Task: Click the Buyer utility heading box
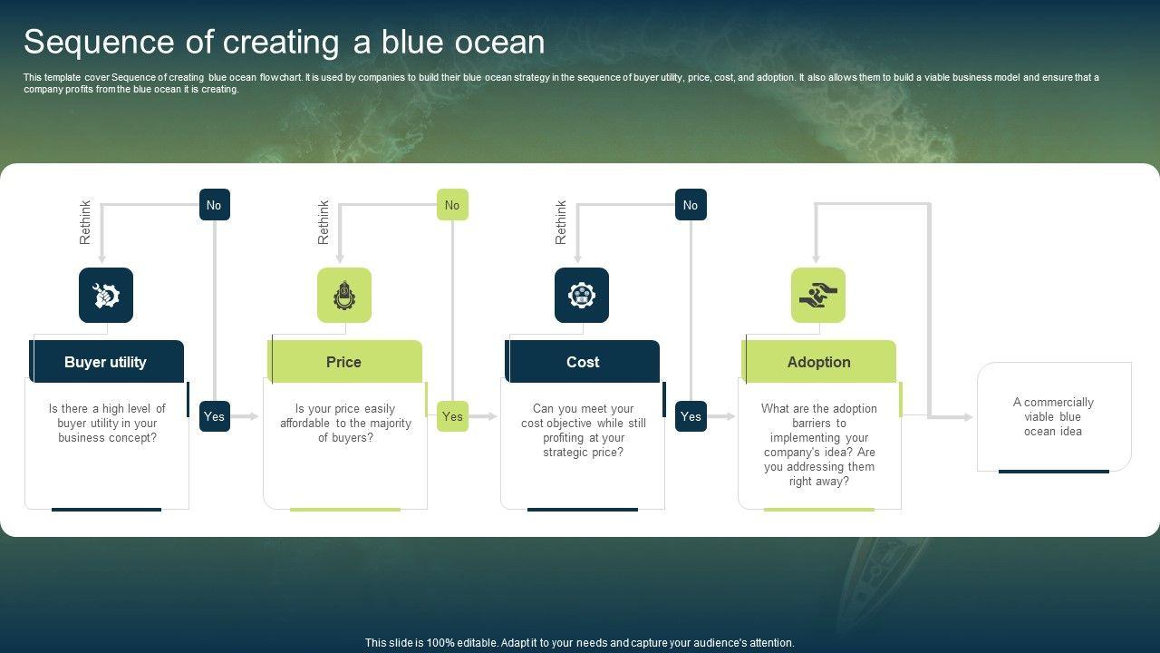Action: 107,361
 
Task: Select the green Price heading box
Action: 345,361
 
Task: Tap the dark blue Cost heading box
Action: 583,361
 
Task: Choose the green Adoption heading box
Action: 818,361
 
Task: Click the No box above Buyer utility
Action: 215,205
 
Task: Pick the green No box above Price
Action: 452,205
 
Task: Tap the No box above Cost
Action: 691,205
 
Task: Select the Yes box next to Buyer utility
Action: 215,416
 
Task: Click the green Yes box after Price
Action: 452,416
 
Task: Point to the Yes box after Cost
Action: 691,416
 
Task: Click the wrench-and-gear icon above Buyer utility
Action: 106,296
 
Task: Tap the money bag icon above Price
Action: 344,296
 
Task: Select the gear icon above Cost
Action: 582,296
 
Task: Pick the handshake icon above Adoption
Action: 818,296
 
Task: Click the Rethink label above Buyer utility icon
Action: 85,222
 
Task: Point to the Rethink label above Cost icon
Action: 561,222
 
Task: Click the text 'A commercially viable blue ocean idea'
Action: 1053,416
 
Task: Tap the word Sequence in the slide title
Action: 99,42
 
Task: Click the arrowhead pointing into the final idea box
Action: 967,417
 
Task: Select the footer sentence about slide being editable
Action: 579,643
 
